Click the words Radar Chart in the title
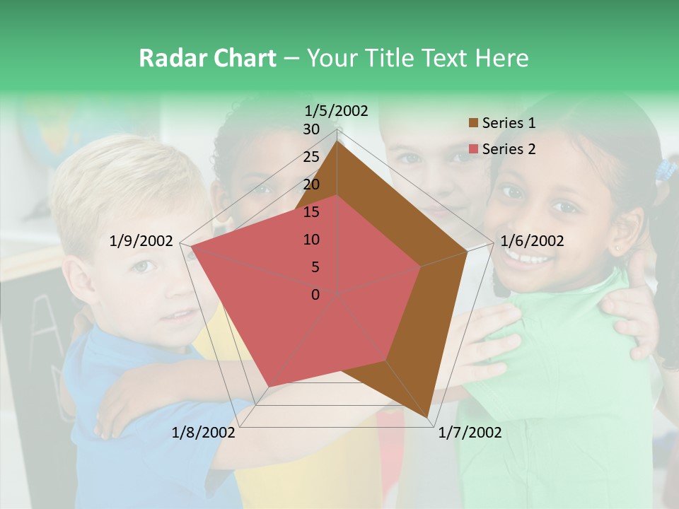point(207,59)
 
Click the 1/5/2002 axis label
point(337,110)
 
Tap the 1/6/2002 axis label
point(532,241)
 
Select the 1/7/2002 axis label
point(470,433)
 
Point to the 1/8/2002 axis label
point(204,433)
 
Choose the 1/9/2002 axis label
point(141,241)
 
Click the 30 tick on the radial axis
point(311,129)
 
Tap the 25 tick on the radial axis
point(311,157)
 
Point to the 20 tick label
point(311,185)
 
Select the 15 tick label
point(311,212)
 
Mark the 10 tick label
point(311,240)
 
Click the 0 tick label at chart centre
point(315,295)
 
